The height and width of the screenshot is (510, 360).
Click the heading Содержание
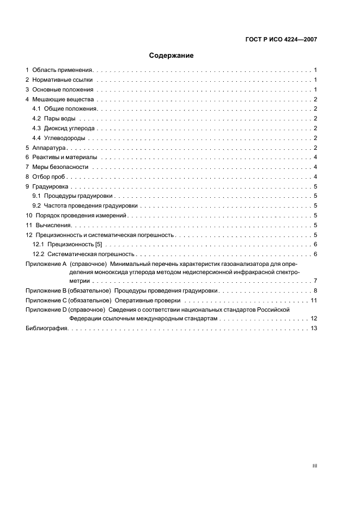tap(172, 56)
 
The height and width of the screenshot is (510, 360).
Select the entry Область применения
tap(63, 70)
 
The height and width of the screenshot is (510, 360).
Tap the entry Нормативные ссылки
tap(63, 80)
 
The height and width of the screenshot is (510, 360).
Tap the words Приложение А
tap(46, 264)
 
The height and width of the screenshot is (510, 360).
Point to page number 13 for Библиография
tap(314, 329)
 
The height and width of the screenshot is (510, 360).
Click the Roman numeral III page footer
tap(314, 466)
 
